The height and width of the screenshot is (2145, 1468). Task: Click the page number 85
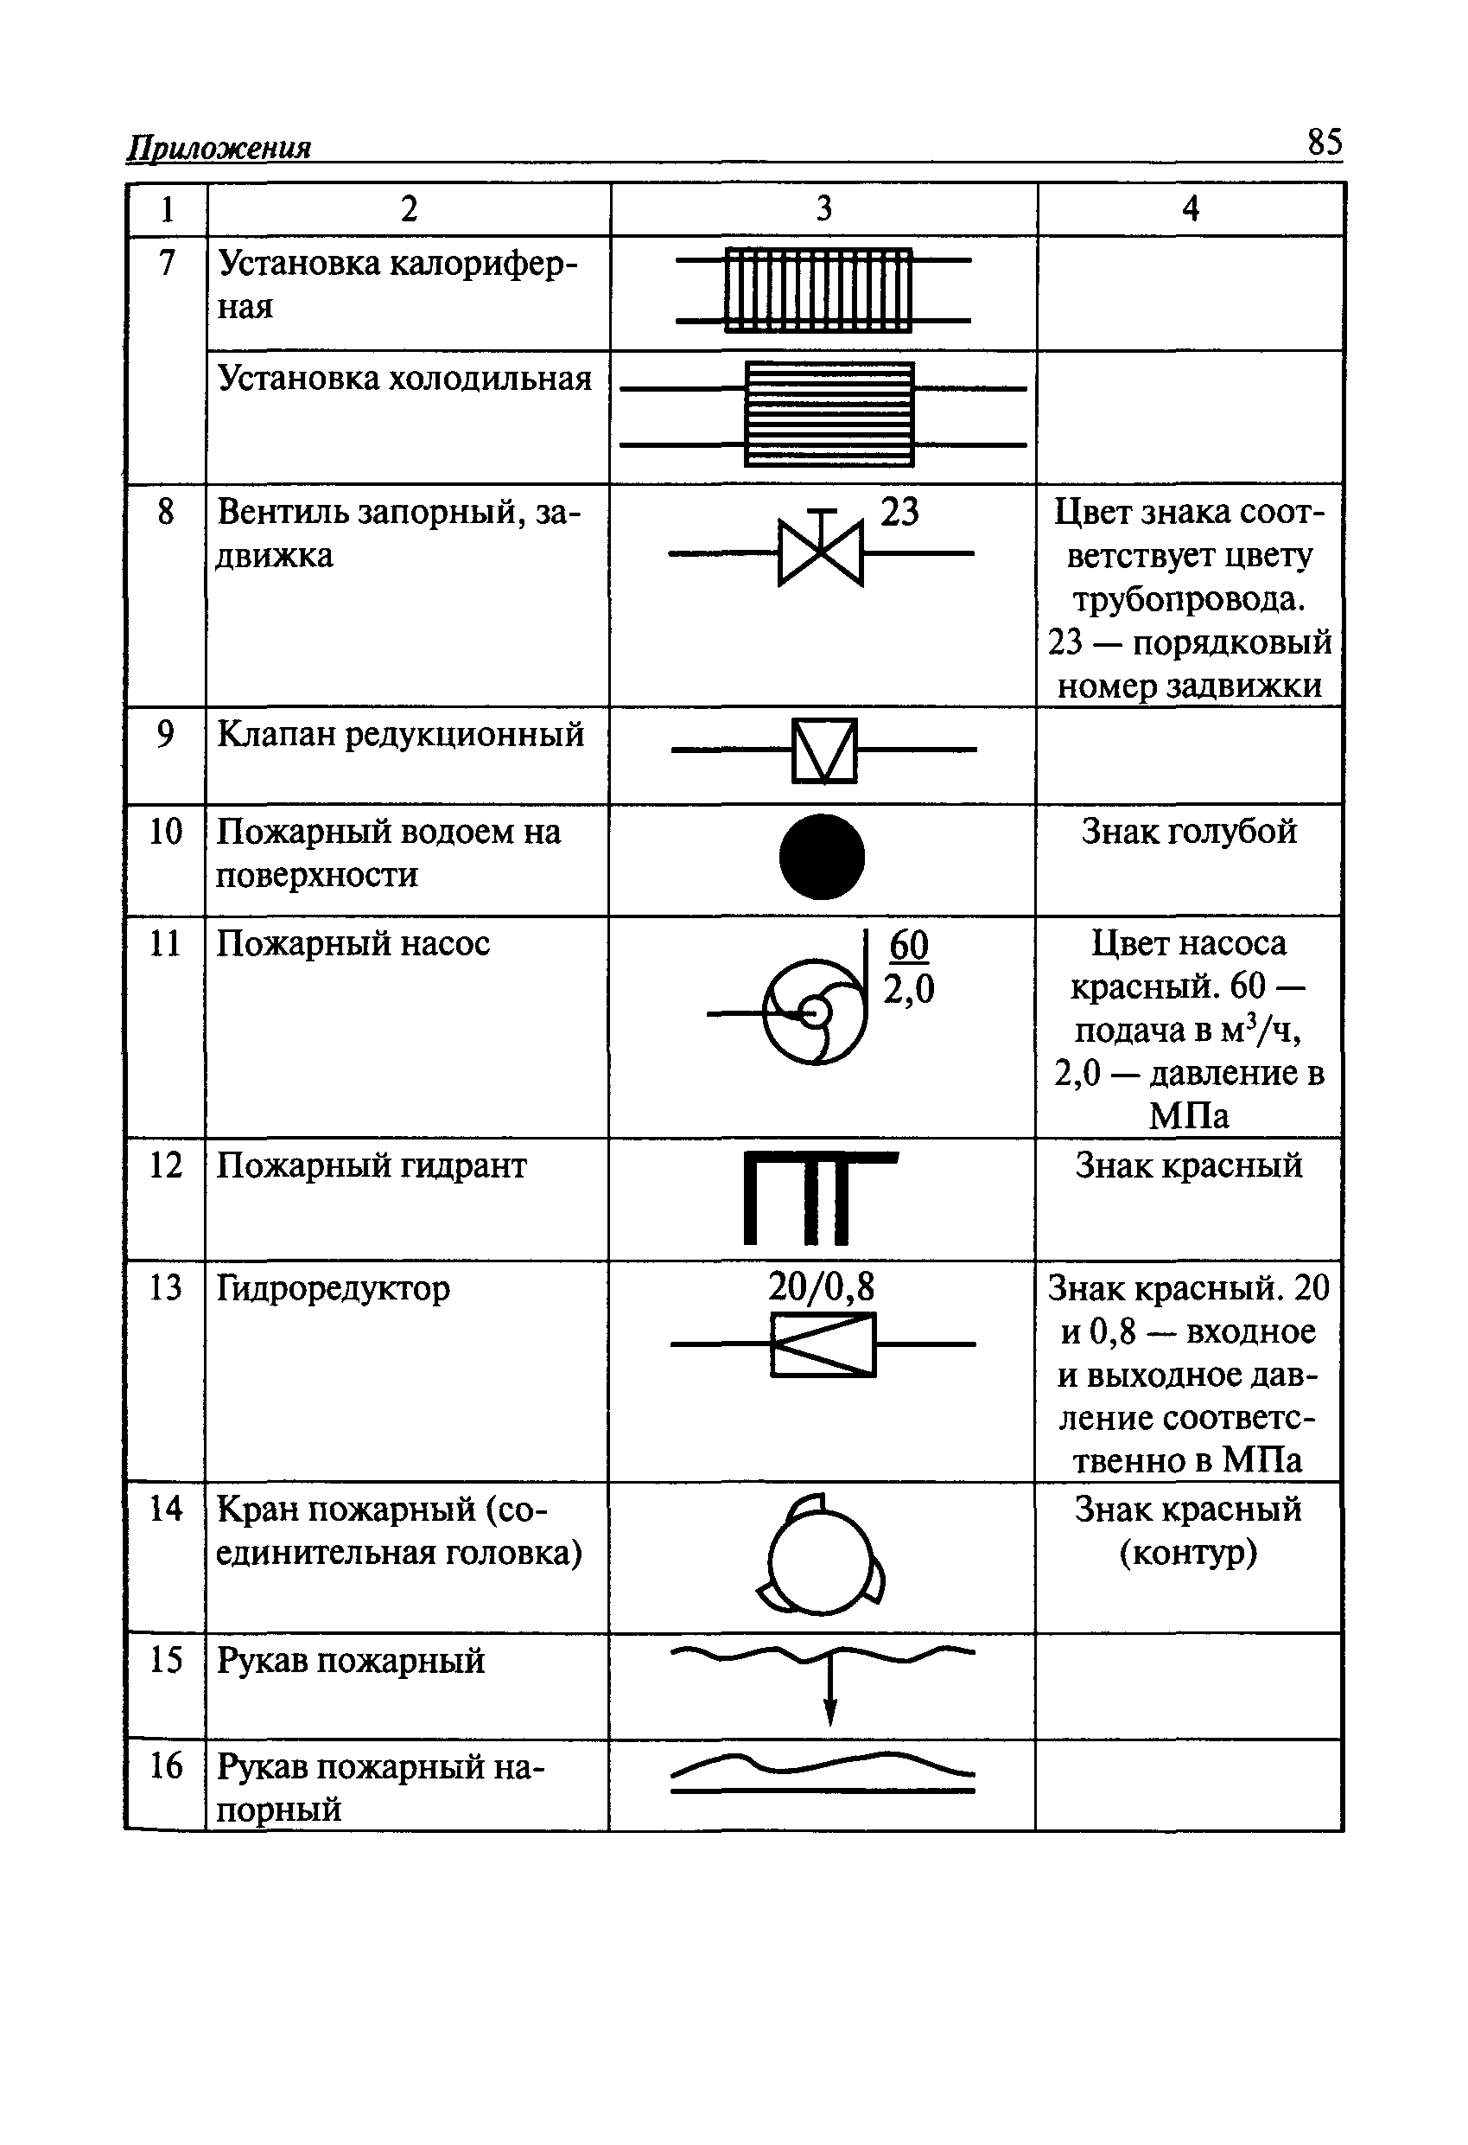click(x=1324, y=142)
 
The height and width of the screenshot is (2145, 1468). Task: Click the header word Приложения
click(x=219, y=148)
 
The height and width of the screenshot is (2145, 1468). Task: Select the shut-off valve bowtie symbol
click(x=820, y=552)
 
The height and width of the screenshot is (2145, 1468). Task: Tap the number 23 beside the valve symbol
click(x=899, y=512)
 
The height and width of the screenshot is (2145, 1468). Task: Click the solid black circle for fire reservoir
click(x=821, y=857)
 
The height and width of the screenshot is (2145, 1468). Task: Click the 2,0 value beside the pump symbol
click(x=909, y=989)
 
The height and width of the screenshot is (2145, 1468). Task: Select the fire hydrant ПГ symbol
click(x=819, y=1197)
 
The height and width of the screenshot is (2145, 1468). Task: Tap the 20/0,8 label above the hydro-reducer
click(x=821, y=1286)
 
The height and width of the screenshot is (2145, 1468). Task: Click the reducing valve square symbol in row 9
click(x=824, y=750)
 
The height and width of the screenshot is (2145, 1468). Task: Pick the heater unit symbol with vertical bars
click(x=818, y=290)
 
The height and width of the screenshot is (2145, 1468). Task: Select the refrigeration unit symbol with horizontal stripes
click(x=829, y=414)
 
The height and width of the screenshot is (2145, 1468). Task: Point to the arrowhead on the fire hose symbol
click(x=829, y=1713)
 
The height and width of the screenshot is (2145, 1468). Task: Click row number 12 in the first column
click(x=166, y=1165)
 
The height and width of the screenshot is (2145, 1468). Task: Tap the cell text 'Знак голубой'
click(x=1188, y=832)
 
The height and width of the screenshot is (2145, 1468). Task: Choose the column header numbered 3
click(x=824, y=208)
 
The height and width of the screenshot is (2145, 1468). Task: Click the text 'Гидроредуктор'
click(x=334, y=1288)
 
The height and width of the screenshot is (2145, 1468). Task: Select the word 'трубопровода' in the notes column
click(x=1188, y=599)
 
